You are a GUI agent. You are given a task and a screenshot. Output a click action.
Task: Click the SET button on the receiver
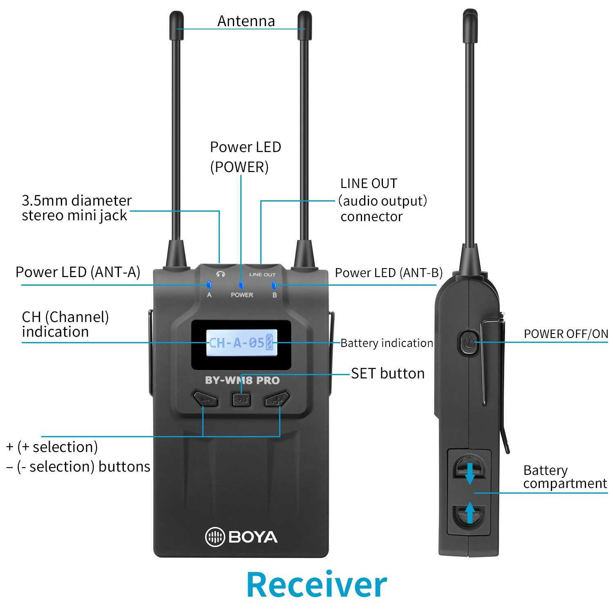241,399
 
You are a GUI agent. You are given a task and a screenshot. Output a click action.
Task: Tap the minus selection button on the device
205,399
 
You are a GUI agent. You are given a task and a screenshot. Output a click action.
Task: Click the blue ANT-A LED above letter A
209,284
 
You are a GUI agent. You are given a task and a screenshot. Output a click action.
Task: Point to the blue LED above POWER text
241,284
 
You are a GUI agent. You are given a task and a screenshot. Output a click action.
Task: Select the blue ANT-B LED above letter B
274,284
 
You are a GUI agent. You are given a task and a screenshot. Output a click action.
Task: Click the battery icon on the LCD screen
269,342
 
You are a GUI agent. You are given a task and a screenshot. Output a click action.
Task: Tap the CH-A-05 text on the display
237,342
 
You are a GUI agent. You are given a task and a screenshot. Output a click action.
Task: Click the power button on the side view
469,342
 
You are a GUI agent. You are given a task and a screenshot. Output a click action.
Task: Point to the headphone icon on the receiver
221,274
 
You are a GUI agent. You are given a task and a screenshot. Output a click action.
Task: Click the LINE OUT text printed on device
262,275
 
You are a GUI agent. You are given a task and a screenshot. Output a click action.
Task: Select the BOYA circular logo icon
215,537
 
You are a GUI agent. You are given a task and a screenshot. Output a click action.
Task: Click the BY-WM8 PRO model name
242,380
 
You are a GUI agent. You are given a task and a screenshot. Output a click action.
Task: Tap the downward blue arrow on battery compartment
470,472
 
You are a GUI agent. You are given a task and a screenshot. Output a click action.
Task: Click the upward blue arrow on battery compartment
470,512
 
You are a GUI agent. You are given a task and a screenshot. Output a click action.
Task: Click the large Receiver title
317,585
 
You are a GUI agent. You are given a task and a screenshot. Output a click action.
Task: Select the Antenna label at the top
246,21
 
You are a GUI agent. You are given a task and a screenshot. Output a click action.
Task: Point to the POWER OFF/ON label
566,334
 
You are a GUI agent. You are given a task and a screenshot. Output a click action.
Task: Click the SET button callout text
388,374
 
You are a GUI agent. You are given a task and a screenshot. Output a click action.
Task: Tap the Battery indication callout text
387,343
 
